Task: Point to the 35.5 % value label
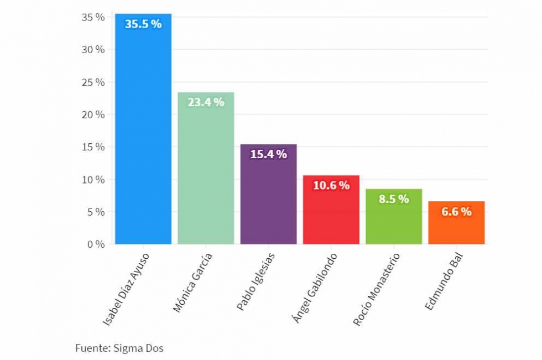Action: point(143,24)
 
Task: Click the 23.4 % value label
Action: point(206,102)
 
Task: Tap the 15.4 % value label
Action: point(268,154)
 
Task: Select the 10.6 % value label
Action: point(331,185)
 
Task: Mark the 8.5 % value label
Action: point(394,199)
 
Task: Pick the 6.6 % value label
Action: point(456,211)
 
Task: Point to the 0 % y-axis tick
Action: point(95,244)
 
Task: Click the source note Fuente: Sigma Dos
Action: point(119,348)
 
